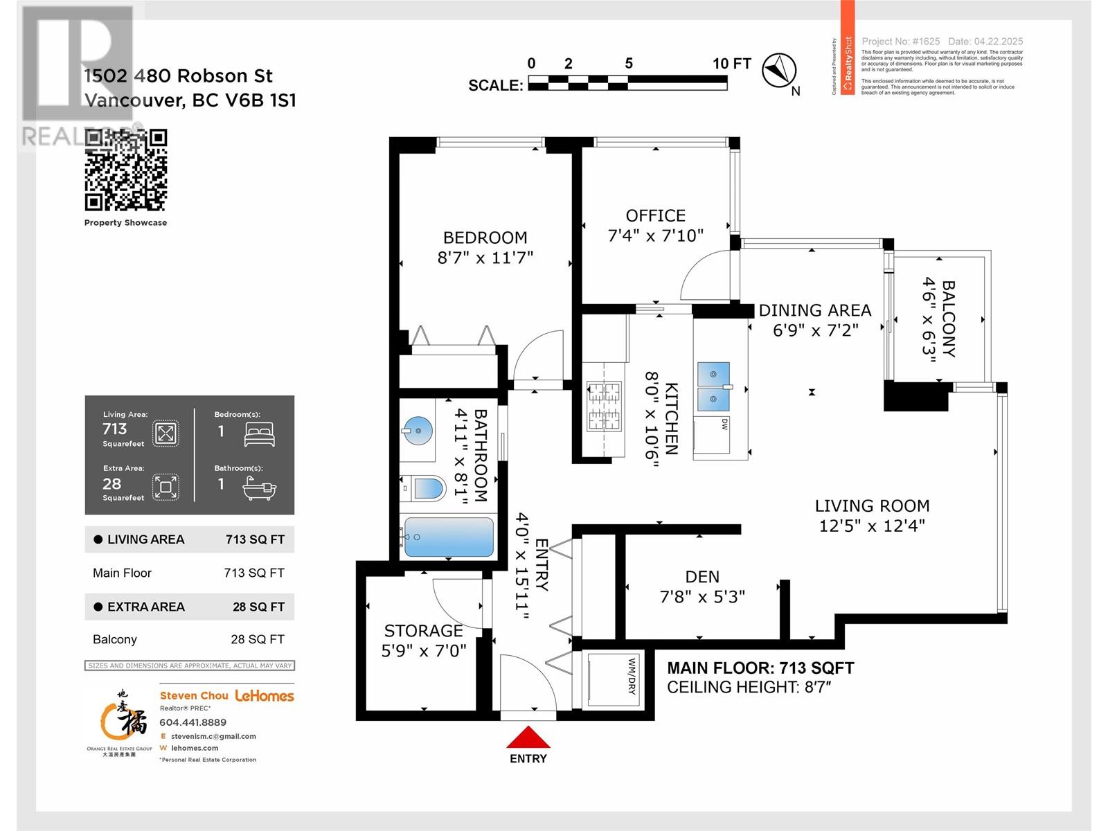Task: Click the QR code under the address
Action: point(126,170)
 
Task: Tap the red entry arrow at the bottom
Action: point(528,738)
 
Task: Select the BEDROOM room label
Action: point(485,238)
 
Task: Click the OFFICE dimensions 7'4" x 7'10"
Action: point(655,235)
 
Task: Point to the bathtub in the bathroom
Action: point(448,537)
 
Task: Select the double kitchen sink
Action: point(714,386)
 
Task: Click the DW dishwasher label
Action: point(724,423)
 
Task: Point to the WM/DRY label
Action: point(632,676)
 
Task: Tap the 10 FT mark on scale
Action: point(731,64)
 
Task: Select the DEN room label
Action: point(702,576)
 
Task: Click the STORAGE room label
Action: point(423,631)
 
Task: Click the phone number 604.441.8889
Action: point(193,722)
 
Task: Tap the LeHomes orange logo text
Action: point(265,695)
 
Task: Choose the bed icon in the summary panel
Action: point(260,434)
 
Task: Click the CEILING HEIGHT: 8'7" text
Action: point(749,687)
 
